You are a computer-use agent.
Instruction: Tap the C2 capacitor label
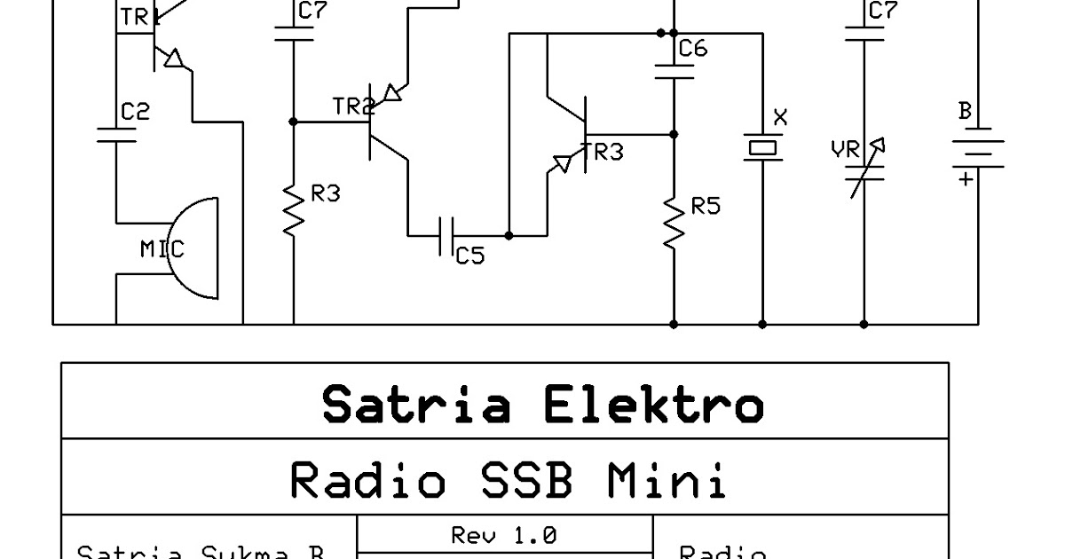pyautogui.click(x=135, y=112)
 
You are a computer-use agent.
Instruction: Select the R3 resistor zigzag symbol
pyautogui.click(x=294, y=209)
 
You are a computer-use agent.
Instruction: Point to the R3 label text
pyautogui.click(x=326, y=193)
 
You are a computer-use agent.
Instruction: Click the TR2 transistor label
pyautogui.click(x=352, y=107)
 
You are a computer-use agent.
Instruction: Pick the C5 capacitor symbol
pyautogui.click(x=447, y=236)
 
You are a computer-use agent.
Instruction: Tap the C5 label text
pyautogui.click(x=470, y=256)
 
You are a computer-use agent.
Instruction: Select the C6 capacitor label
pyautogui.click(x=693, y=49)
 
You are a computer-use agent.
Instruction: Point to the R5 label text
pyautogui.click(x=706, y=207)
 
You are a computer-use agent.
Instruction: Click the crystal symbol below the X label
pyautogui.click(x=762, y=147)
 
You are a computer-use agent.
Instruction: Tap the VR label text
pyautogui.click(x=845, y=151)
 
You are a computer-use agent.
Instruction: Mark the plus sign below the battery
pyautogui.click(x=965, y=179)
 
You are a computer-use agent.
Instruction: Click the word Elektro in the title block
pyautogui.click(x=652, y=405)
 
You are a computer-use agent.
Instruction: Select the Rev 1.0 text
pyautogui.click(x=503, y=535)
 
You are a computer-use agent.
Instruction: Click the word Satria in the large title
pyautogui.click(x=416, y=405)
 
